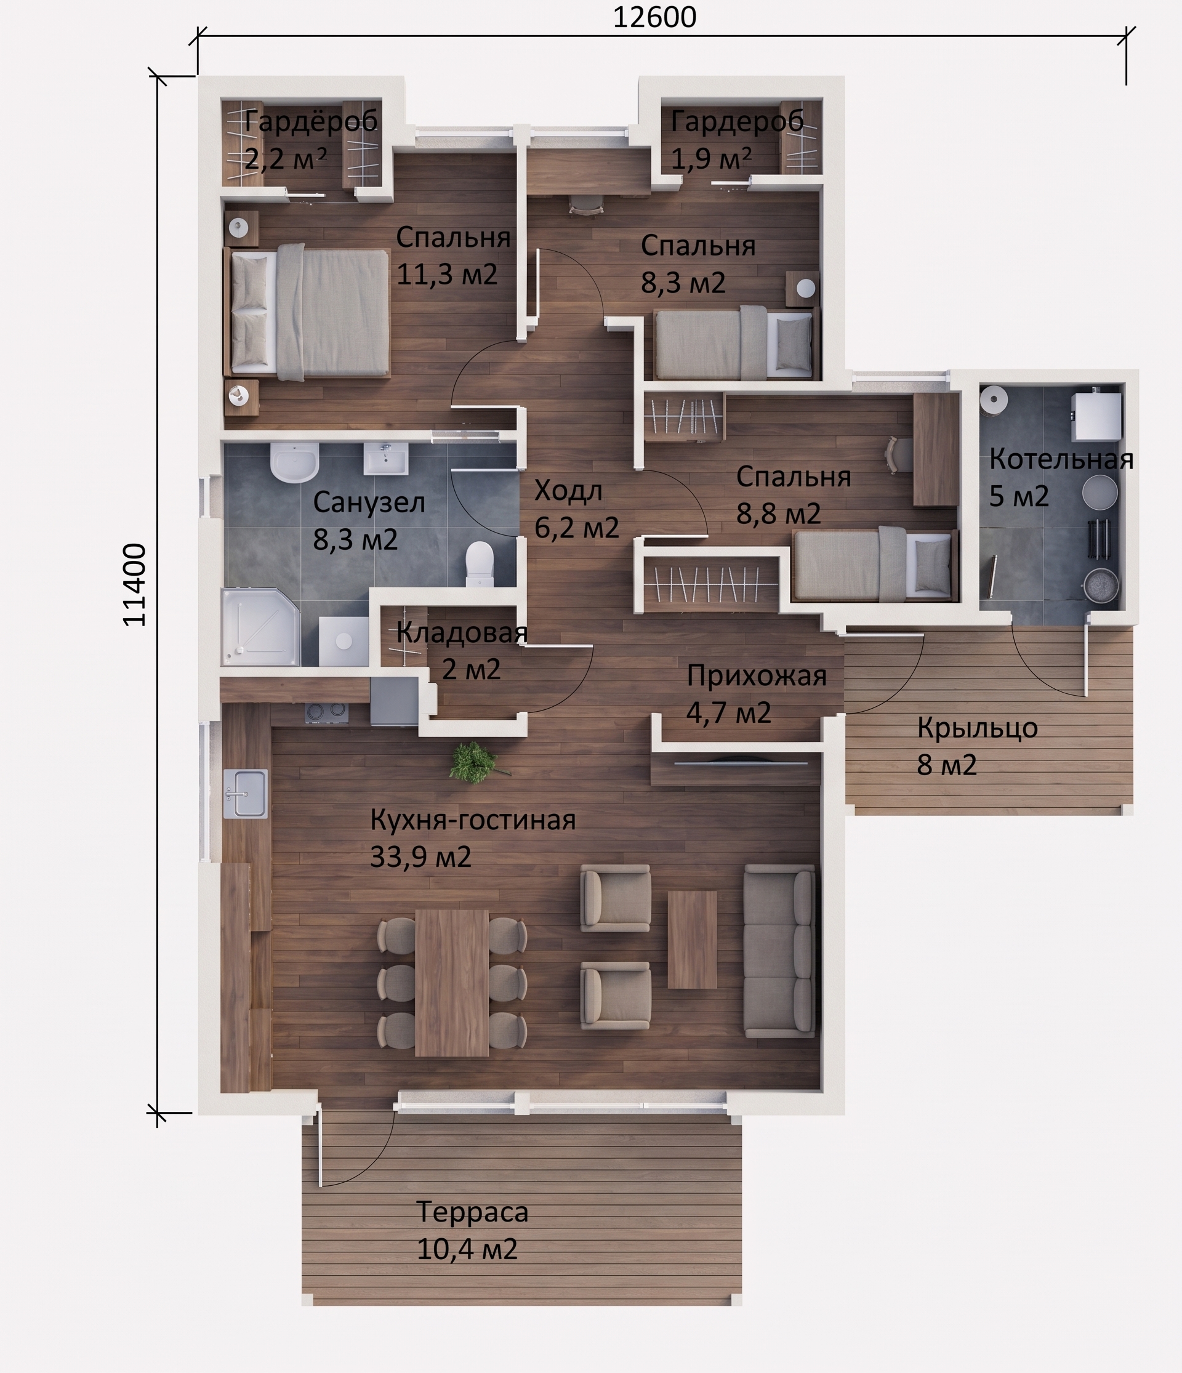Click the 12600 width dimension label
click(x=654, y=17)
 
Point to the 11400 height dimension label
click(x=134, y=584)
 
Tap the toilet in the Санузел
click(x=480, y=564)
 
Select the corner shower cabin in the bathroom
click(x=260, y=626)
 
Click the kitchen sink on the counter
click(x=245, y=793)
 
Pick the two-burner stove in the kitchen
click(x=326, y=712)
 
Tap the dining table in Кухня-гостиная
click(x=452, y=983)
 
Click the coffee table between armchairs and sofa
click(x=693, y=940)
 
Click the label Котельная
click(x=1061, y=459)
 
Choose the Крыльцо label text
click(x=977, y=728)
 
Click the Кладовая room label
click(x=462, y=632)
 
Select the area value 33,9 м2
click(x=420, y=857)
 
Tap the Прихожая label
click(x=757, y=675)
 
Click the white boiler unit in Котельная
click(x=1097, y=416)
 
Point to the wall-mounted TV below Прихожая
click(x=741, y=762)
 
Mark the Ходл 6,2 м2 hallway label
click(x=576, y=509)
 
